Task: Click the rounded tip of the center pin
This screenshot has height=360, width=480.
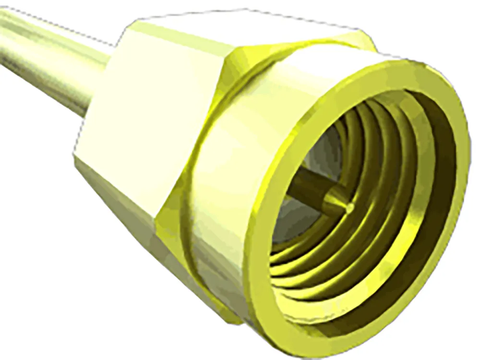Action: tap(350, 207)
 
